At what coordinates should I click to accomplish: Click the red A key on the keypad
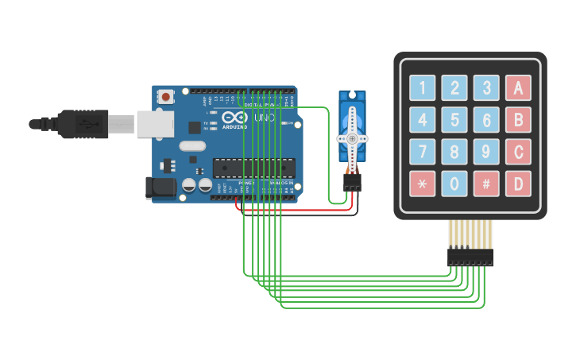coord(518,87)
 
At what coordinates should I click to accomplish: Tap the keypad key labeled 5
coord(454,120)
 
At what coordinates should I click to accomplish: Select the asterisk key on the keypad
coord(422,184)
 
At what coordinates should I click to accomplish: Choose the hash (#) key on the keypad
coord(486,184)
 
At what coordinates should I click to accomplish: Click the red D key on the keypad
coord(518,184)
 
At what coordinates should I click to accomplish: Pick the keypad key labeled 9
coord(486,152)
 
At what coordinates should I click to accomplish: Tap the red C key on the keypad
coord(518,152)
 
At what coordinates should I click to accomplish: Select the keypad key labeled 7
coord(422,152)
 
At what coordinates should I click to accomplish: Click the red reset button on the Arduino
coord(165,97)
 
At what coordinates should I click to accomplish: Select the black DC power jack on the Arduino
coord(160,188)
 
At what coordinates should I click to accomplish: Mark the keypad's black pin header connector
coord(470,257)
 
